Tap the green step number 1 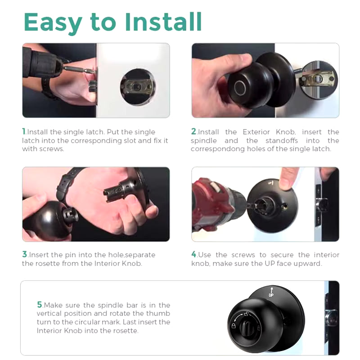coord(24,132)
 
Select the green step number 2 coord(194,132)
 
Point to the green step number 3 coord(25,255)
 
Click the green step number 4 coord(194,255)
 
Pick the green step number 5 coord(40,305)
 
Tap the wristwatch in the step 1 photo coord(47,88)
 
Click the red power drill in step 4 coord(214,202)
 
